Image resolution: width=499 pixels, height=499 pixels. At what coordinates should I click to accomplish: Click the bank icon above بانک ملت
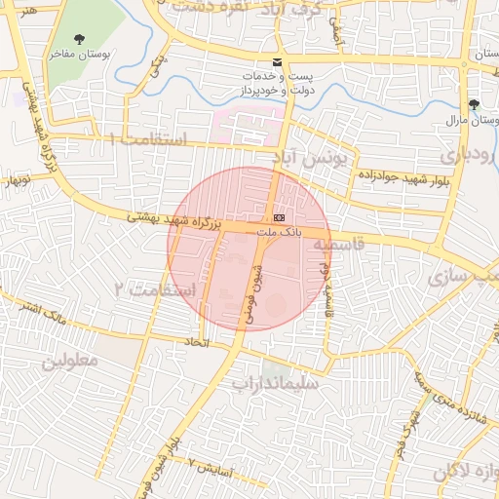coord(280,216)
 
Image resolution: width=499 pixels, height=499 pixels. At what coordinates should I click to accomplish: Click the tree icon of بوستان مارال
coord(475,104)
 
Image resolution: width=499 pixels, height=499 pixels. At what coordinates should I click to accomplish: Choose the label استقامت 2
coord(155,289)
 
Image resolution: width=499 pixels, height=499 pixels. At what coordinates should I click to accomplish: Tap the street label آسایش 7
coord(211,466)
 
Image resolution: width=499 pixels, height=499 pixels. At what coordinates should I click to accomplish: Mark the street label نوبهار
coord(17,180)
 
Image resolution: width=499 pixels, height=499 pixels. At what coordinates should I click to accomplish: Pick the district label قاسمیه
coord(339,245)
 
